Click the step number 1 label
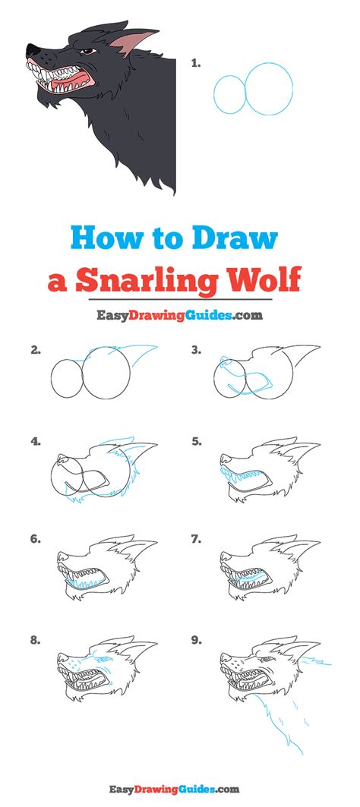point(195,65)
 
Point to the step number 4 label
point(35,440)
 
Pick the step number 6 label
point(35,538)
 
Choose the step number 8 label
point(35,641)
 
